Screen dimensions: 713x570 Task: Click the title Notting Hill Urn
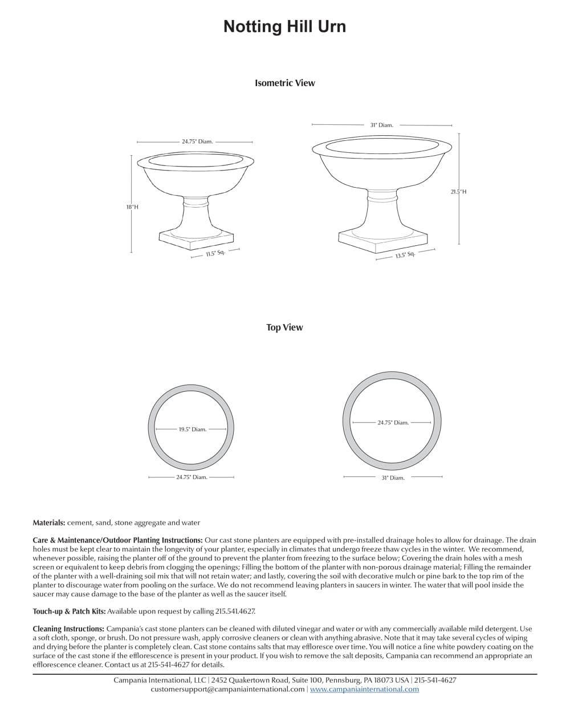(284, 27)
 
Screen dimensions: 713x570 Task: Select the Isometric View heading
(284, 83)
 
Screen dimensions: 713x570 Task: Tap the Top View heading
(284, 327)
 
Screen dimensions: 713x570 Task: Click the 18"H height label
(132, 207)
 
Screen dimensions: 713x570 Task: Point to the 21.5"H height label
(458, 192)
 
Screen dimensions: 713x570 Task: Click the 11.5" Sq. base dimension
(215, 253)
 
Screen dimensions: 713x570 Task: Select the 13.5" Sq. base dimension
(405, 255)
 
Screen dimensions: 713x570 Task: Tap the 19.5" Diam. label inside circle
(192, 430)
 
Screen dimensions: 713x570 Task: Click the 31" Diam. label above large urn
(381, 125)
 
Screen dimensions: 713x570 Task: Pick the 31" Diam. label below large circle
(393, 478)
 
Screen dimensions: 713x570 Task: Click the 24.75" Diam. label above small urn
(197, 141)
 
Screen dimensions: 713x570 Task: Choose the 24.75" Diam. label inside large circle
(393, 423)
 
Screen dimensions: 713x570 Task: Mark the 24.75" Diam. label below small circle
(192, 477)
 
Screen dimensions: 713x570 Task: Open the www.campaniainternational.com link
(364, 689)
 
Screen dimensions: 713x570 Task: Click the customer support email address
(227, 689)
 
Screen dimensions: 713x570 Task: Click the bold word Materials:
(49, 522)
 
